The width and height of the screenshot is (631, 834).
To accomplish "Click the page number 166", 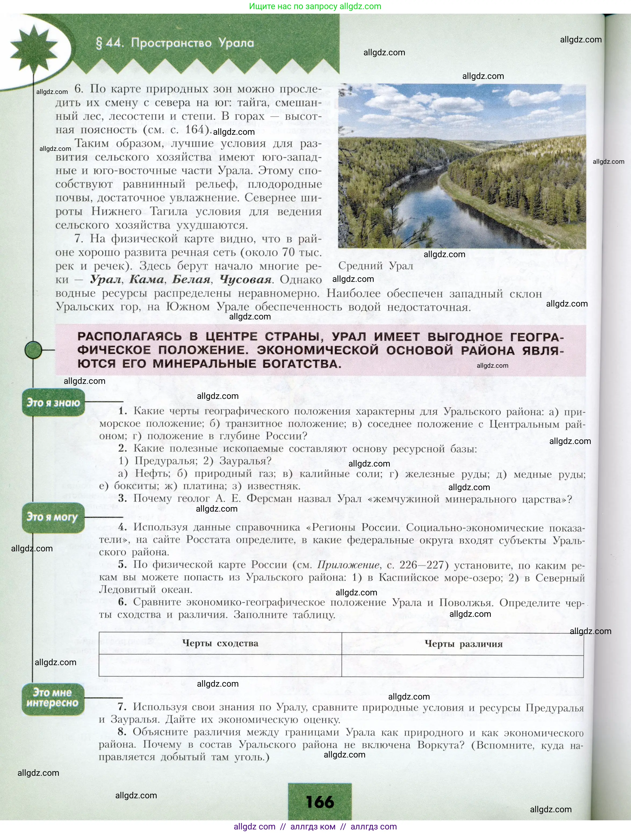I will [x=320, y=802].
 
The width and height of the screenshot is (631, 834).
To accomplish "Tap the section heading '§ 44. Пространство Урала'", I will [x=175, y=43].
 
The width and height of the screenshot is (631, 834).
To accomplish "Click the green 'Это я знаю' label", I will [x=53, y=403].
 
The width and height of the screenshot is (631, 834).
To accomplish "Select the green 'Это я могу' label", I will [x=52, y=517].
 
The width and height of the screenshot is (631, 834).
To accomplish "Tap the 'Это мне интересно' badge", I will [x=52, y=698].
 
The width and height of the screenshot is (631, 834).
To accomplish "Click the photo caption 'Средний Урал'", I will [x=376, y=266].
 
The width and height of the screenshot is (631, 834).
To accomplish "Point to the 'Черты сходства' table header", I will [x=220, y=643].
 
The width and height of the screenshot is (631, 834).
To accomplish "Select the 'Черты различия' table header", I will [x=463, y=644].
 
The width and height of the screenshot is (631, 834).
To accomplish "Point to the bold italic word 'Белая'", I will [x=191, y=279].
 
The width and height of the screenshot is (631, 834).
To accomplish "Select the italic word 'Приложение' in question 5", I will [x=348, y=565].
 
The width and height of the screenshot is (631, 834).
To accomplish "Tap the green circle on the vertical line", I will [x=33, y=349].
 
